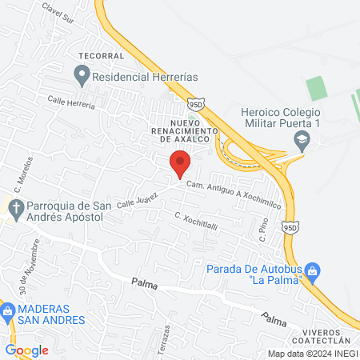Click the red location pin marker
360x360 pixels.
tap(181, 163)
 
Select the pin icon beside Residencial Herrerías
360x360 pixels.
tap(82, 77)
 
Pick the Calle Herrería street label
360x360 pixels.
tap(71, 101)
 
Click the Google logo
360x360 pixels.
tap(26, 350)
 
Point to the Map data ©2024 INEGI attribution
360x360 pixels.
tap(311, 354)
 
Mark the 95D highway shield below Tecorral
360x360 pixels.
tap(198, 102)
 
